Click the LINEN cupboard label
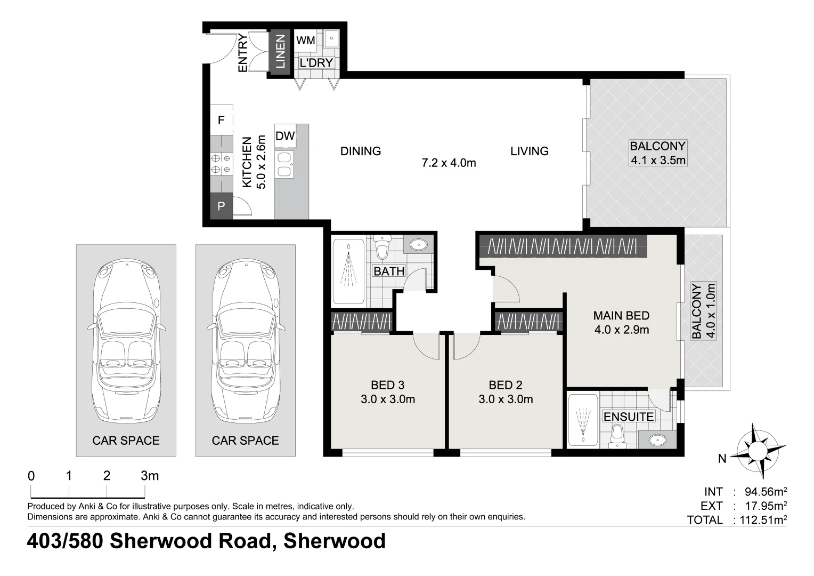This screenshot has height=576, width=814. [x=280, y=52]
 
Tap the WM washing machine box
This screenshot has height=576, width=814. [x=305, y=41]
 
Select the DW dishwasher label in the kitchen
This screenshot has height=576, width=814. [x=285, y=136]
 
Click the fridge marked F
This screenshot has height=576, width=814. [x=221, y=121]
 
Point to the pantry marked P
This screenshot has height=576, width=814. [x=221, y=206]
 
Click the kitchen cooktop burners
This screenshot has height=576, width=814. [x=221, y=164]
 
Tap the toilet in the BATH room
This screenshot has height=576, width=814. [x=382, y=248]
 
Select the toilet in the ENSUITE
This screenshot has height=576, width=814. [x=617, y=435]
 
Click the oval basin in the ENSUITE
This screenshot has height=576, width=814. [x=657, y=440]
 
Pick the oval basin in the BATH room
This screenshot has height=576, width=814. [x=419, y=245]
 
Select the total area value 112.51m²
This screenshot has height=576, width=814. [x=762, y=520]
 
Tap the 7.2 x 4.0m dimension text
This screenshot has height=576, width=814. [x=449, y=163]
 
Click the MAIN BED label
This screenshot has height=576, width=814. [x=621, y=316]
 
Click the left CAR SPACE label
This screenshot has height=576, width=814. [x=126, y=441]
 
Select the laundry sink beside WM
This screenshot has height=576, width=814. [x=331, y=38]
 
